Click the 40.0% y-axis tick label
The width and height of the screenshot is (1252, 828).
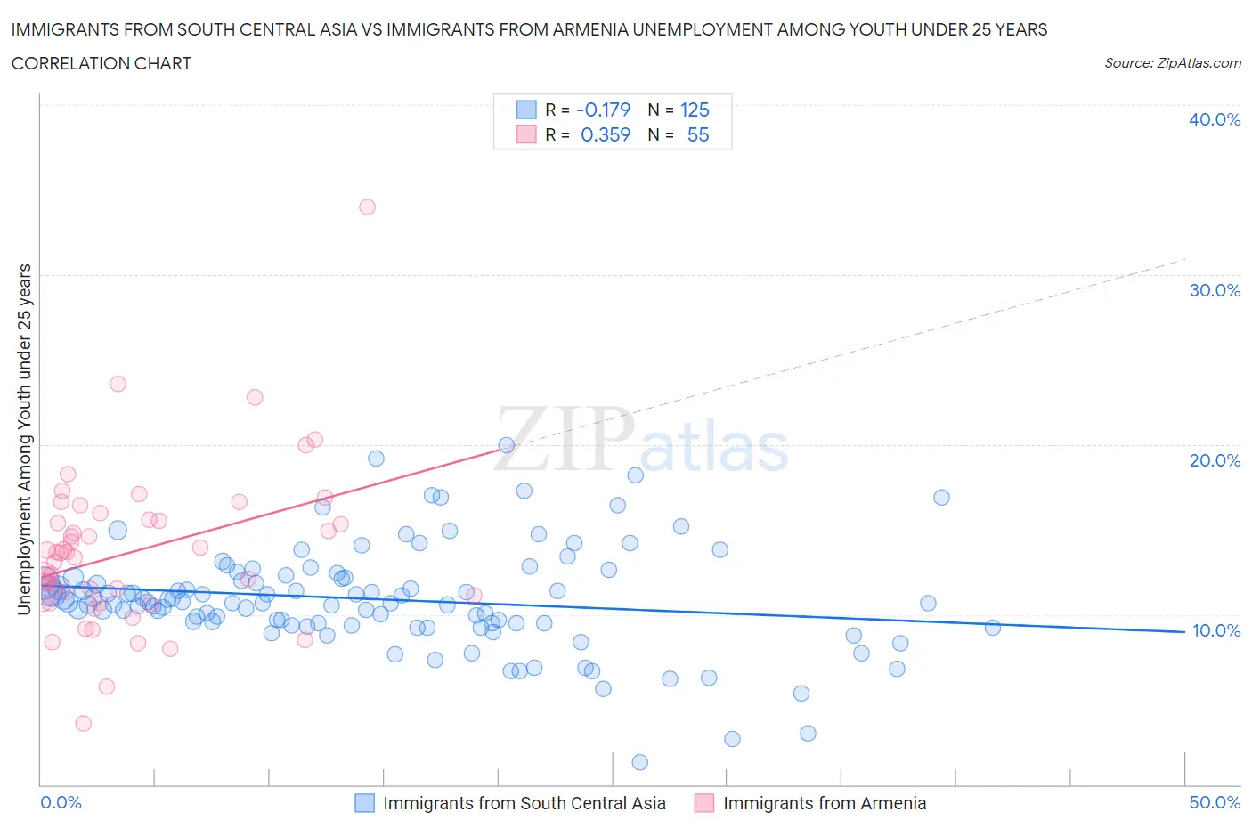[x=1214, y=119]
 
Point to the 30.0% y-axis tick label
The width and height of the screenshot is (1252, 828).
[x=1214, y=290]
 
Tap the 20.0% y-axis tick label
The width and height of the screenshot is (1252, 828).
[x=1214, y=460]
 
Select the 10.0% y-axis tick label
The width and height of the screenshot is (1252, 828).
[x=1215, y=630]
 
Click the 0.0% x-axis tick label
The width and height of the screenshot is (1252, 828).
[x=61, y=802]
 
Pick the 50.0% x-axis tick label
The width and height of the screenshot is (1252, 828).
[x=1215, y=802]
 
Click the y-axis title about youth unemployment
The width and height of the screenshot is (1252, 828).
[x=25, y=439]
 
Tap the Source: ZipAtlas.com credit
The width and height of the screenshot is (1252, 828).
[x=1172, y=63]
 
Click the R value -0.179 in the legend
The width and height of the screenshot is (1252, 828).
[x=603, y=110]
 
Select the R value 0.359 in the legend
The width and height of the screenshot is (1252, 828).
[x=605, y=134]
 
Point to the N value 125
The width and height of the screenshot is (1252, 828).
[x=695, y=110]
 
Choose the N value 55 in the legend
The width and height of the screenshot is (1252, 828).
[x=698, y=134]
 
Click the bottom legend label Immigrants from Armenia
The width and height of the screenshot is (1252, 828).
[x=824, y=803]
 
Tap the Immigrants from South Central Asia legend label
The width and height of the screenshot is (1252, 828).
[x=524, y=803]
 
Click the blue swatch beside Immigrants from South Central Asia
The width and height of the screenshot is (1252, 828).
[x=364, y=803]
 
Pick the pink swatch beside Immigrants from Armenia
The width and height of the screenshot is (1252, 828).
[x=704, y=803]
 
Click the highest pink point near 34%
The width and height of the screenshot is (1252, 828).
[x=367, y=207]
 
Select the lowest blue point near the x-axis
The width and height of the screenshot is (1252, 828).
[x=639, y=762]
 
